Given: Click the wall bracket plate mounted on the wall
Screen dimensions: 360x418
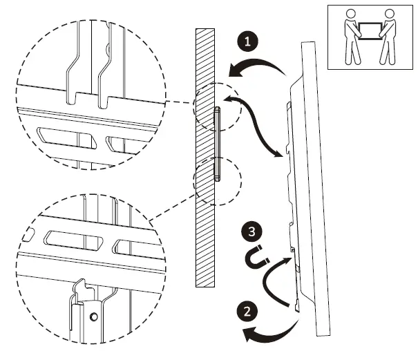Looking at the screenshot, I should pos(217,144).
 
